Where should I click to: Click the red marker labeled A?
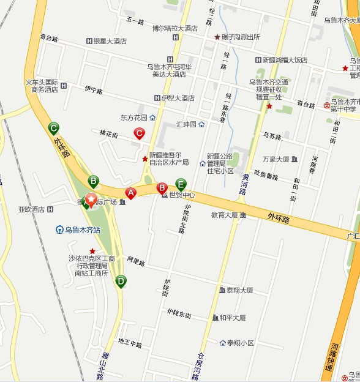click(130, 193)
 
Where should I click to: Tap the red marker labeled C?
click(140, 133)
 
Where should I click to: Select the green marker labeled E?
click(181, 183)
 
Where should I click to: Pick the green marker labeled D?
click(121, 281)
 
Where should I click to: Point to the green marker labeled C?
click(54, 128)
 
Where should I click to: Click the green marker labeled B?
click(94, 181)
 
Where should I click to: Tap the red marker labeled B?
click(162, 187)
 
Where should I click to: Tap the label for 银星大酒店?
click(110, 42)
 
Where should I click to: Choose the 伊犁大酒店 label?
click(178, 98)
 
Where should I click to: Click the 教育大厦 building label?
click(225, 215)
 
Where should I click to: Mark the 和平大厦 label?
click(233, 318)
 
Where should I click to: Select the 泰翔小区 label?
click(239, 343)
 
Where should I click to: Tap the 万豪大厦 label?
click(276, 159)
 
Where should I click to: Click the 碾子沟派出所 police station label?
click(241, 37)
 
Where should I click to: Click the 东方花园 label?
click(135, 118)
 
